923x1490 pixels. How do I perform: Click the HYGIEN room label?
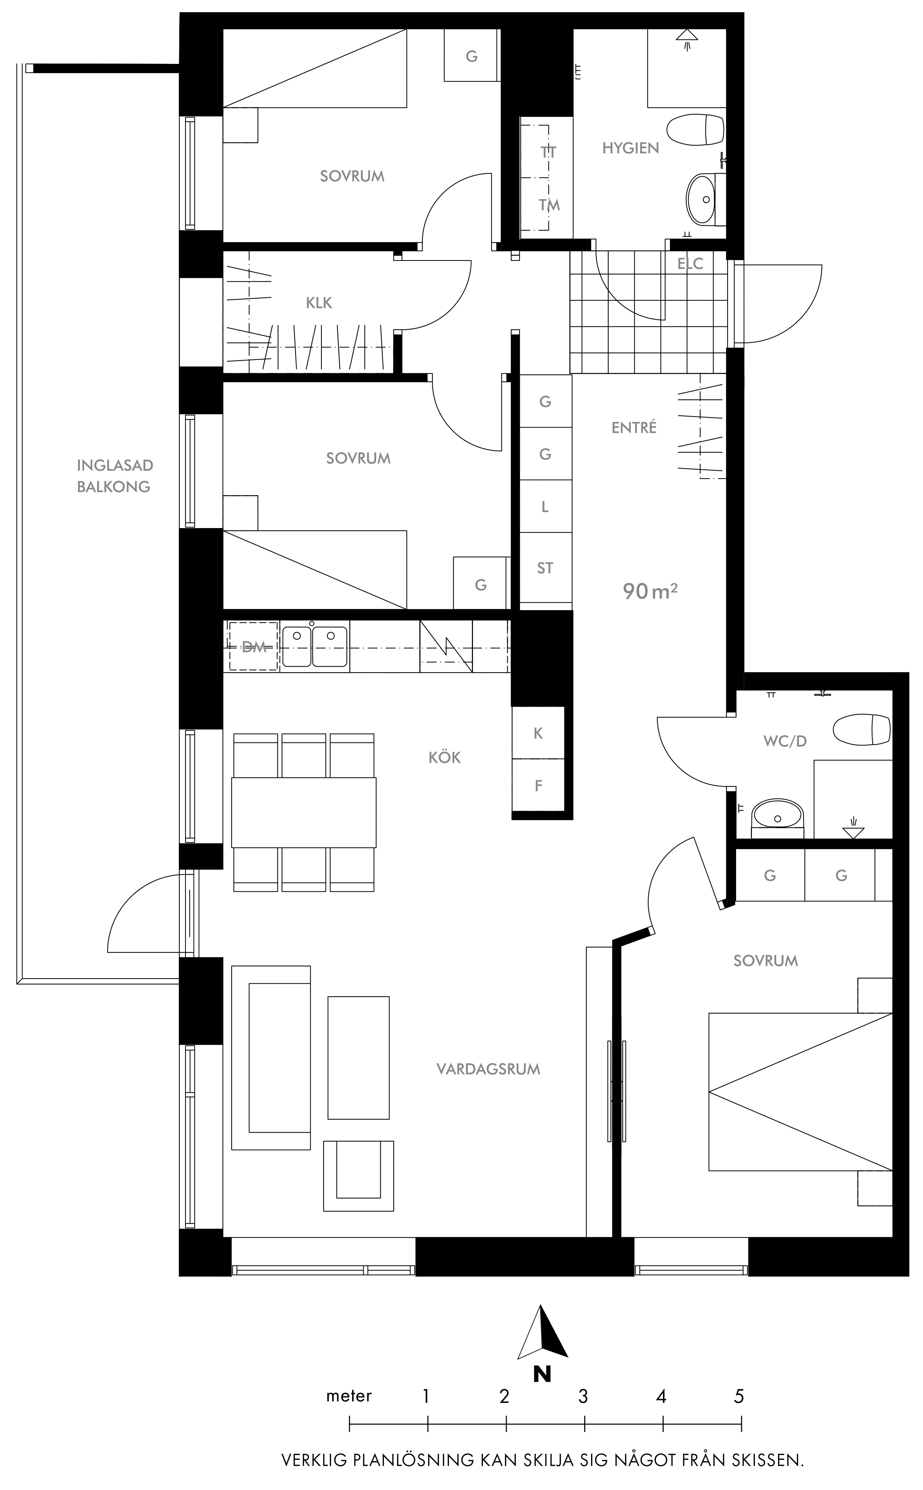[631, 148]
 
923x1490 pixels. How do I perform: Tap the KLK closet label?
[319, 303]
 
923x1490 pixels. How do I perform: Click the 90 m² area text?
[650, 591]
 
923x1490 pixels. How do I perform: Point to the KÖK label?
[445, 758]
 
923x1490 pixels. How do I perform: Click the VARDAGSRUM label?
[488, 1069]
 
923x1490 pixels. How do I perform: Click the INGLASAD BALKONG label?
[114, 476]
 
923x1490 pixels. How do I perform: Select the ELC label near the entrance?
[691, 264]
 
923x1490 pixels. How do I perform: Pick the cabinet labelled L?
[545, 507]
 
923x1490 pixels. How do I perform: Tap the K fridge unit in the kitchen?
[538, 733]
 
